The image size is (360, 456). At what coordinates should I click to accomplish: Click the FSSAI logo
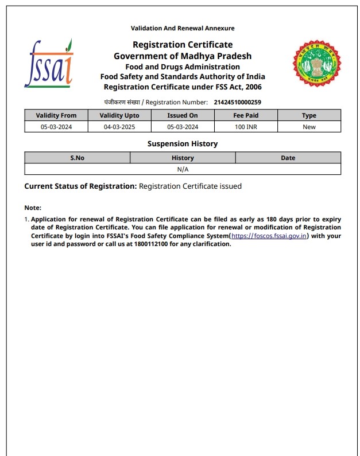[x=49, y=63]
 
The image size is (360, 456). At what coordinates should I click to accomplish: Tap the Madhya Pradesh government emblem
[x=318, y=63]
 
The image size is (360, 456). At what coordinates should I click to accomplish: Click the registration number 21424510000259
[x=237, y=102]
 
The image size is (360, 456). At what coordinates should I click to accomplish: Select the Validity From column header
[x=56, y=115]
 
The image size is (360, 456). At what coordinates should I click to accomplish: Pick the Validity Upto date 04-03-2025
[x=119, y=127]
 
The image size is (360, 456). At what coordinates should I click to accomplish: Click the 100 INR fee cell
[x=246, y=127]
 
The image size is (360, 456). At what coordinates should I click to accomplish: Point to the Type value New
[x=309, y=127]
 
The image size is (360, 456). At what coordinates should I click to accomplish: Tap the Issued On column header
[x=183, y=115]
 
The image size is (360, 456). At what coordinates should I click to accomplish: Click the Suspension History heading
[x=183, y=144]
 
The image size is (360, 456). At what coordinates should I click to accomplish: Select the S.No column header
[x=78, y=158]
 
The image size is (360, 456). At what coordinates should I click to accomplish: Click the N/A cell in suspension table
[x=183, y=169]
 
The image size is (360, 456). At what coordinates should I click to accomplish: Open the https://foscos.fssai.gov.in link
[x=270, y=236]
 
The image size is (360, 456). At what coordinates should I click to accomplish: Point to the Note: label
[x=33, y=208]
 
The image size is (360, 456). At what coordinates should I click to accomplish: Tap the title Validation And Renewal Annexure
[x=183, y=28]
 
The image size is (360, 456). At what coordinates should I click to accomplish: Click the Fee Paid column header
[x=246, y=115]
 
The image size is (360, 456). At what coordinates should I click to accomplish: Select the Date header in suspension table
[x=288, y=158]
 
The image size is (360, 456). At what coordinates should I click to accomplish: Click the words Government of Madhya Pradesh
[x=183, y=56]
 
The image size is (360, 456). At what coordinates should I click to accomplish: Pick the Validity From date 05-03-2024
[x=56, y=127]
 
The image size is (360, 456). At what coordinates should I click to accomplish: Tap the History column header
[x=183, y=158]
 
